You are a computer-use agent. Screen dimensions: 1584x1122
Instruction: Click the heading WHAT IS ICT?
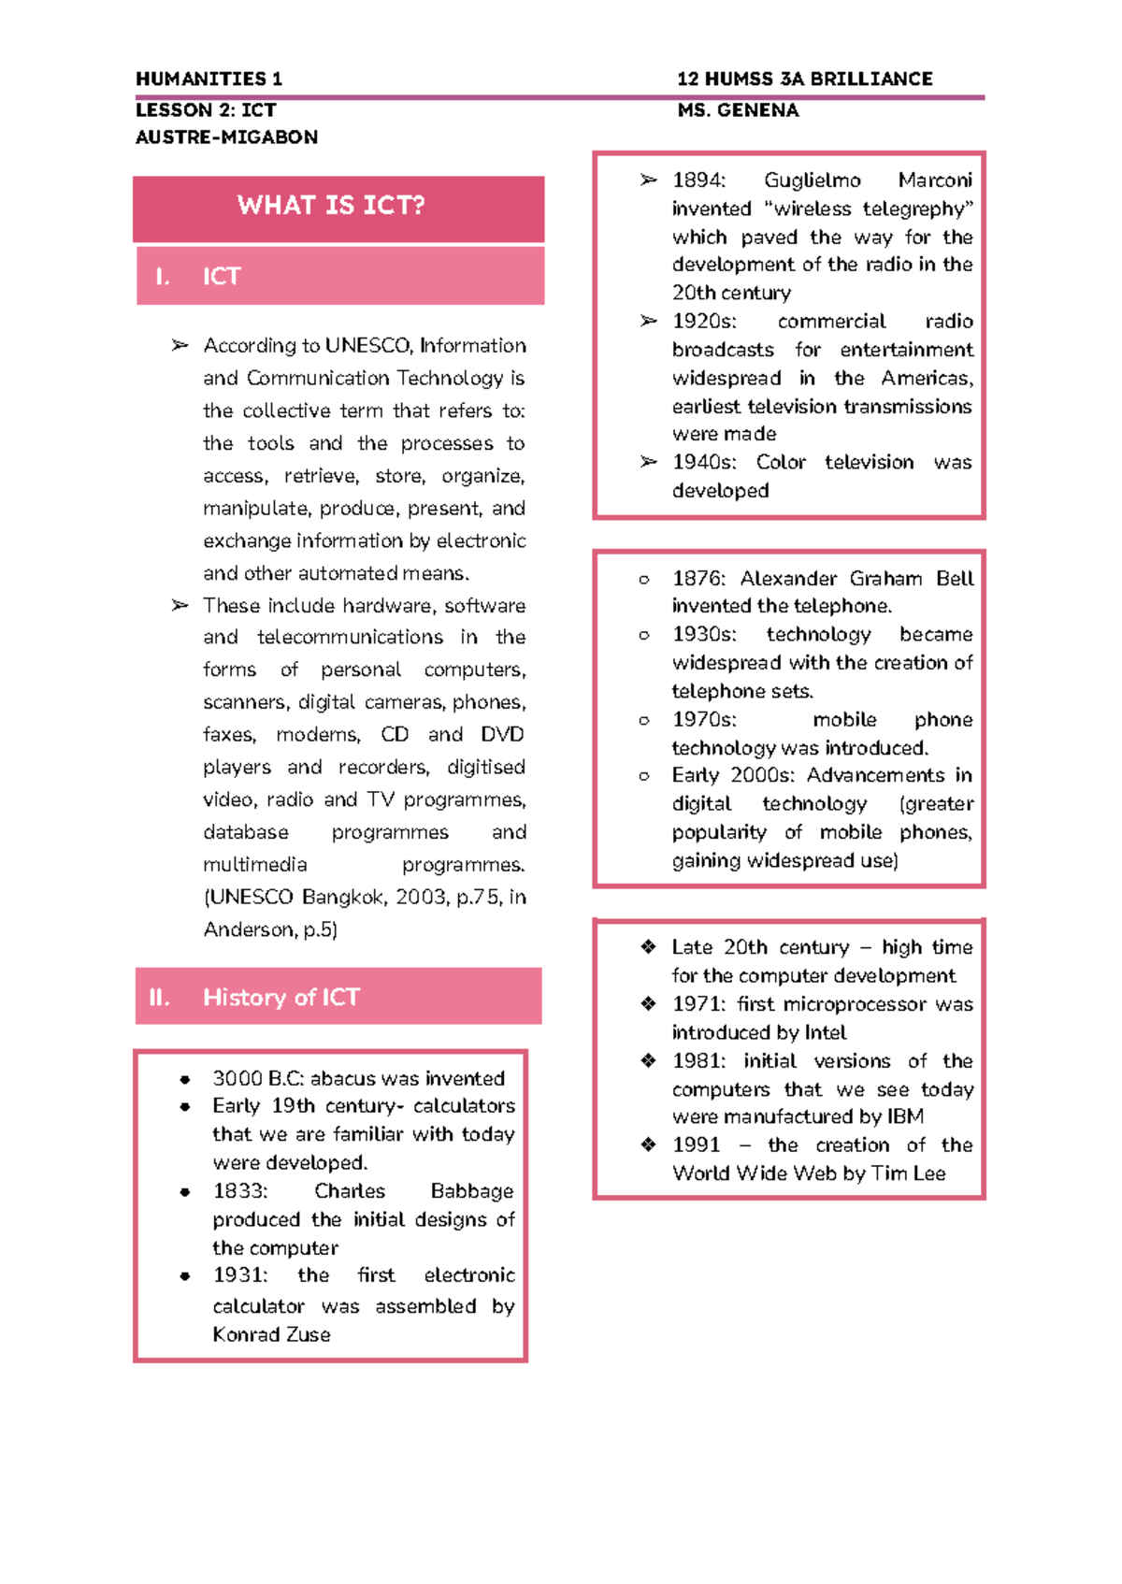pyautogui.click(x=331, y=206)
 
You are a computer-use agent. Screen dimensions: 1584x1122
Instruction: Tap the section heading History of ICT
pyautogui.click(x=280, y=998)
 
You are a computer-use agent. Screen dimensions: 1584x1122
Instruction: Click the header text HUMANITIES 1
pyautogui.click(x=209, y=79)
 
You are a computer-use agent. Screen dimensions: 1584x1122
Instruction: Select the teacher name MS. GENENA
pyautogui.click(x=738, y=110)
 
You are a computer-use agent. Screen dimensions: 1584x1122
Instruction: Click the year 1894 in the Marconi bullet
pyautogui.click(x=697, y=180)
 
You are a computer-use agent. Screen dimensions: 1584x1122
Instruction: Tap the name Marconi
pyautogui.click(x=934, y=180)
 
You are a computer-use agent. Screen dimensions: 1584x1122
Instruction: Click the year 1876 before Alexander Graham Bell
pyautogui.click(x=697, y=579)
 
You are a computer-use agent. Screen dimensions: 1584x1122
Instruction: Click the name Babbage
pyautogui.click(x=471, y=1191)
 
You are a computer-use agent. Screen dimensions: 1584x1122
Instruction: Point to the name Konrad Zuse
pyautogui.click(x=271, y=1335)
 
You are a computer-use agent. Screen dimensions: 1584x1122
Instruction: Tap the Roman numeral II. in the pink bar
pyautogui.click(x=159, y=998)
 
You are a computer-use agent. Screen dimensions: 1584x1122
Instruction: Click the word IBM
pyautogui.click(x=903, y=1117)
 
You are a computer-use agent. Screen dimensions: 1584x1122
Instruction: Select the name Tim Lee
pyautogui.click(x=908, y=1174)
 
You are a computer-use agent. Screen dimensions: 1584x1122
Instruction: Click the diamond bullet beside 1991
pyautogui.click(x=648, y=1145)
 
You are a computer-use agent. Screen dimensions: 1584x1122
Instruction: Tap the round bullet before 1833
pyautogui.click(x=185, y=1192)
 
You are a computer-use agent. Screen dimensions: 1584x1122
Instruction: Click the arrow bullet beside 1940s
pyautogui.click(x=648, y=462)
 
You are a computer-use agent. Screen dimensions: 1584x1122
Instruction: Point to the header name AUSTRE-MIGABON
pyautogui.click(x=226, y=137)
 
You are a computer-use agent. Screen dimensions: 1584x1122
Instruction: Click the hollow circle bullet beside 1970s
pyautogui.click(x=643, y=721)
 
